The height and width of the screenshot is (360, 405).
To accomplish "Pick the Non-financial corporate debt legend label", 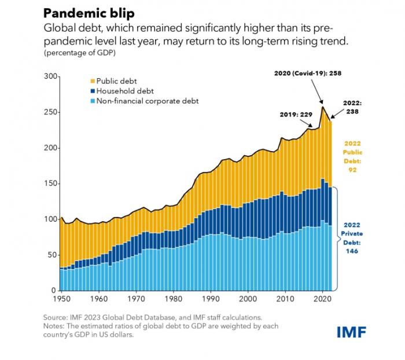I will point(148,101).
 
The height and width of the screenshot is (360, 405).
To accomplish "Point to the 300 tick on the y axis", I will point(50,77).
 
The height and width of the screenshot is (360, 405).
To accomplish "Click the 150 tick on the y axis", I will point(50,184).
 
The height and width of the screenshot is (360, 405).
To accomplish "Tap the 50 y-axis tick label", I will point(52,255).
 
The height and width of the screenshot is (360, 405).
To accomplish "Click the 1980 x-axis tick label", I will point(172,299).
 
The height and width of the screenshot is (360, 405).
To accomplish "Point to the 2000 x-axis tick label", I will point(248,299).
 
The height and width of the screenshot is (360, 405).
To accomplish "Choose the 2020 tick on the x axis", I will point(322,299).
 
